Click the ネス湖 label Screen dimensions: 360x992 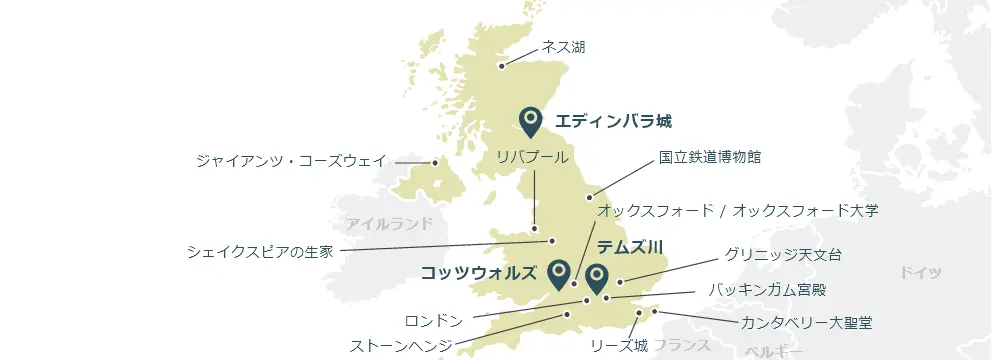564,46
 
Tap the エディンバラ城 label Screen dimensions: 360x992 613,122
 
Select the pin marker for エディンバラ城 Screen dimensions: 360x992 530,121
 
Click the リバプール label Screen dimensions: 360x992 532,157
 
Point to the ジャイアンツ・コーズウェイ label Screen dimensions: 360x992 291,161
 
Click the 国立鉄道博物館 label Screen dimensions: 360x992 710,157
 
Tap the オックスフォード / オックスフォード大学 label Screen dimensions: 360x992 738,210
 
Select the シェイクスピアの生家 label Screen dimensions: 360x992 260,251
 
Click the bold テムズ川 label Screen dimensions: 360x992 630,245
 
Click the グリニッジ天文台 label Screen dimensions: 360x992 783,255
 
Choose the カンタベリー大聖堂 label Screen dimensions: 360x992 806,323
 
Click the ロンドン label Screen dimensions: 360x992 434,321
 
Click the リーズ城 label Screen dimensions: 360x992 619,346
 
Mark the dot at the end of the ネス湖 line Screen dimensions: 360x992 502,68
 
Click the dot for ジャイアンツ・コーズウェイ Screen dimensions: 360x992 435,162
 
